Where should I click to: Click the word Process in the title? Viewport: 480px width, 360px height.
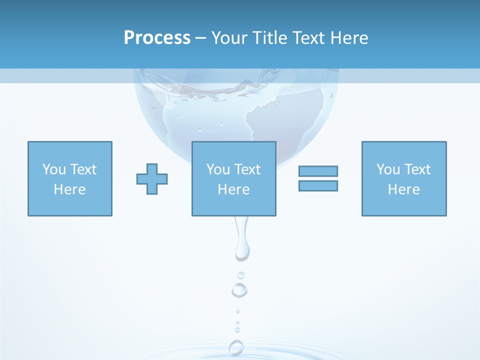pos(157,38)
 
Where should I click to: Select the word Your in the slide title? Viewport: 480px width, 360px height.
pos(229,38)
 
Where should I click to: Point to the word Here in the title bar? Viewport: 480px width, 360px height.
pos(348,38)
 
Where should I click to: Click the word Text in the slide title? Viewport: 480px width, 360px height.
pos(308,38)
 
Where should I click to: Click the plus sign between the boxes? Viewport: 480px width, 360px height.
pos(152,179)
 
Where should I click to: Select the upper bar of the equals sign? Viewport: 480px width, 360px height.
pos(318,171)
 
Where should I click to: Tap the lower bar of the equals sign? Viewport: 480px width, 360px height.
pos(318,185)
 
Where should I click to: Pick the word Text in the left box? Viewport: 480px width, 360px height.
pos(83,169)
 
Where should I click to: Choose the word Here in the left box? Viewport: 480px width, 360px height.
pos(69,189)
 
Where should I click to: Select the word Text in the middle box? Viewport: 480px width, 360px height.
pos(247,169)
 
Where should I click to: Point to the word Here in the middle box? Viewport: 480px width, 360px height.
pos(233,189)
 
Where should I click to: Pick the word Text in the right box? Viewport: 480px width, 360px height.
pos(417,169)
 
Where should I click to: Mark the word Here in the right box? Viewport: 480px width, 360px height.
pos(403,189)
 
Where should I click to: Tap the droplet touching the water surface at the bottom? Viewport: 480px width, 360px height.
pos(236,347)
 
